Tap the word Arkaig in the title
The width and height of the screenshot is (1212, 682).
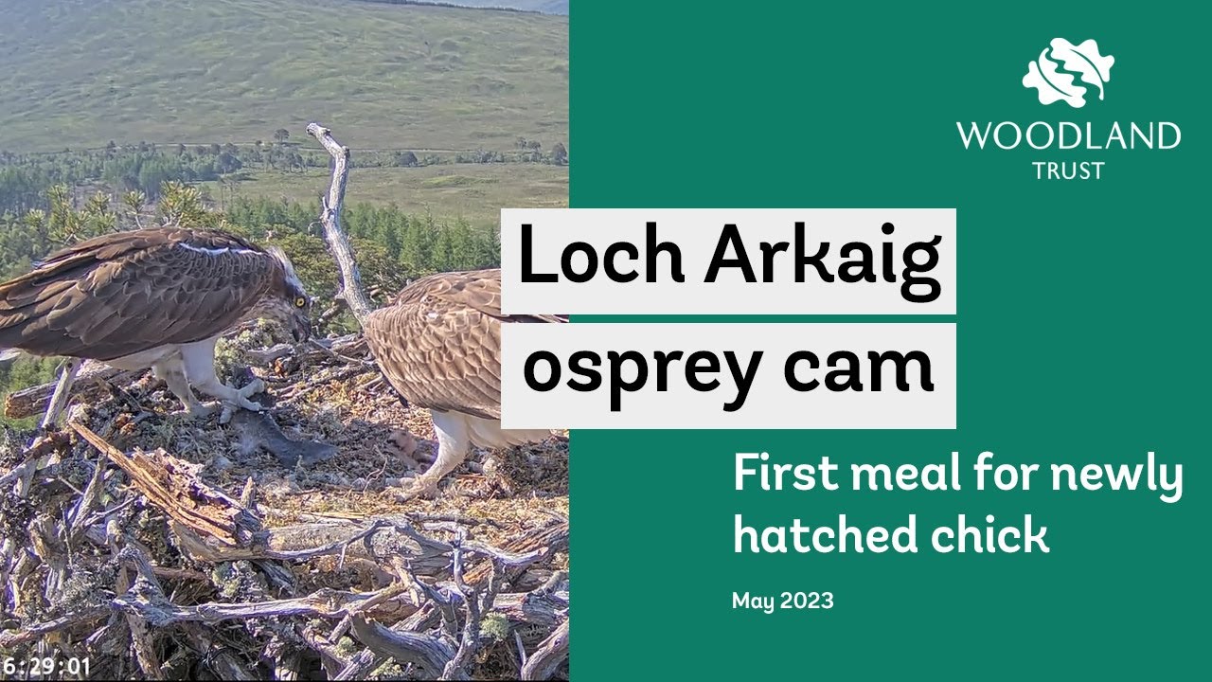tap(821, 260)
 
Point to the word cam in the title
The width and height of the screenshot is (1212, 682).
tap(859, 371)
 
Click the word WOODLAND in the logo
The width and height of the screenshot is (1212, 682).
tap(1068, 136)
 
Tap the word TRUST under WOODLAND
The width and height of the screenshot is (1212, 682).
tap(1068, 170)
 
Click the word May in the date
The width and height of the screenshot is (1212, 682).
tap(754, 601)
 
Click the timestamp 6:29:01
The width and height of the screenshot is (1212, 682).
tap(46, 667)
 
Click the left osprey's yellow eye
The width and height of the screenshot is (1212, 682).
tap(300, 301)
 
